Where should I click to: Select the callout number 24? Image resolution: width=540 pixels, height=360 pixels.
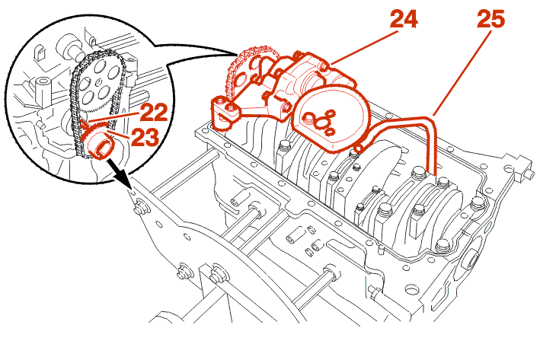tap(404, 20)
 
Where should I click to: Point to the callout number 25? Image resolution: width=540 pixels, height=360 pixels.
tap(491, 21)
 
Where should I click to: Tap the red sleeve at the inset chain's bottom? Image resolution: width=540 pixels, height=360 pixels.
tap(101, 145)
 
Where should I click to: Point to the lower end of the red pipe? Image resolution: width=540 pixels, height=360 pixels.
tap(429, 172)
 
